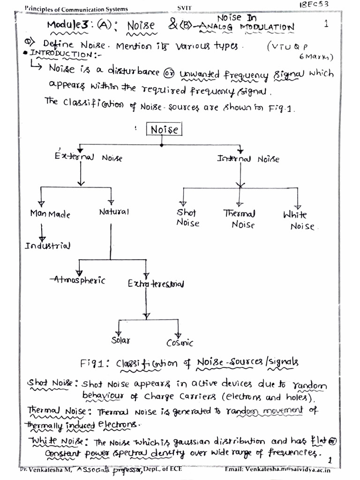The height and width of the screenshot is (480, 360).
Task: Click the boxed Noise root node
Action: tap(165, 129)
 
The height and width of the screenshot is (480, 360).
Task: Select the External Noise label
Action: tap(88, 157)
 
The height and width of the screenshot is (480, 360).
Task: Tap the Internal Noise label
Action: tap(248, 159)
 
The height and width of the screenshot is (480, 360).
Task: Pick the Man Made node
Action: tap(50, 214)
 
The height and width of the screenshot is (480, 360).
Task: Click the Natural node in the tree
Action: tap(113, 212)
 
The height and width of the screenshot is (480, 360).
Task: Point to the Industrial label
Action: tap(48, 246)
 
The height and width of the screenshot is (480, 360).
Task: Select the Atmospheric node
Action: tap(78, 280)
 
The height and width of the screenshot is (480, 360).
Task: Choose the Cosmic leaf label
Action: tap(180, 343)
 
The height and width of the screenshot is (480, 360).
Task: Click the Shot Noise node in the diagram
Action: tap(187, 217)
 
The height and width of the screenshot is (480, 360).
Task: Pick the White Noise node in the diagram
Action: tap(299, 220)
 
